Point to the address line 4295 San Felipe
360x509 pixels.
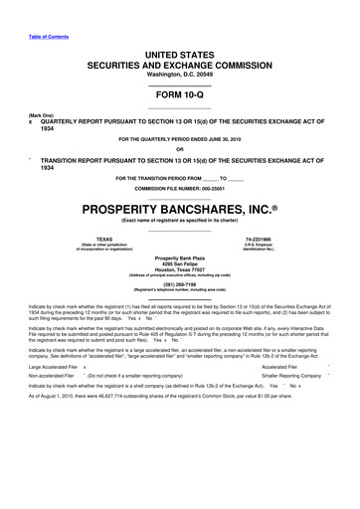180,263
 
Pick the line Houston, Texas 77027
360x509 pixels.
180,269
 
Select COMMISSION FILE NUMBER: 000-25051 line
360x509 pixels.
180,188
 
